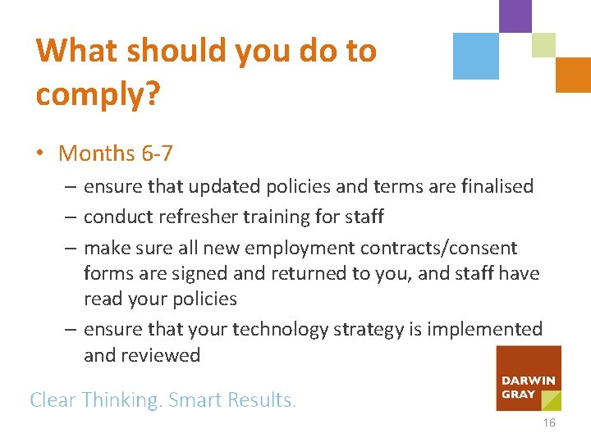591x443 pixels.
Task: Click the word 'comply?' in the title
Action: [x=98, y=94]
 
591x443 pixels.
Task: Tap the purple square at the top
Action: [x=515, y=16]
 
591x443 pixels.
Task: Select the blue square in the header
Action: [x=476, y=56]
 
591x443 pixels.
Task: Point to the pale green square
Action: [x=543, y=44]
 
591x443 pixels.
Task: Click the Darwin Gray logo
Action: [x=529, y=378]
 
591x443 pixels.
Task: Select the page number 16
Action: [x=548, y=423]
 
